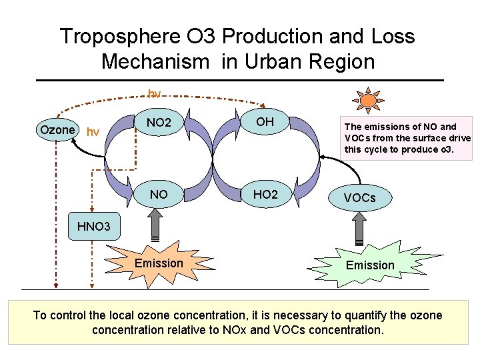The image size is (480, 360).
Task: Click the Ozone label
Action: pyautogui.click(x=57, y=129)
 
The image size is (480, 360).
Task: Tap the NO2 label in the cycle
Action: pyautogui.click(x=159, y=123)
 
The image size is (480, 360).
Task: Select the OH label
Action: pyautogui.click(x=265, y=121)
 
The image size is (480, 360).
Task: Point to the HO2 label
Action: pyautogui.click(x=265, y=195)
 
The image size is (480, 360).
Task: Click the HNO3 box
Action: pyautogui.click(x=93, y=227)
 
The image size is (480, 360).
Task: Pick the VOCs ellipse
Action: pyautogui.click(x=359, y=198)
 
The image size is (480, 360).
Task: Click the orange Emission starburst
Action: pyautogui.click(x=159, y=263)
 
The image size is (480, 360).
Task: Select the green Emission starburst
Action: pyautogui.click(x=370, y=265)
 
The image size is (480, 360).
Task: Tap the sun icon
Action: pyautogui.click(x=367, y=101)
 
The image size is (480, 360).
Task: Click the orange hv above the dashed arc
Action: pyautogui.click(x=154, y=94)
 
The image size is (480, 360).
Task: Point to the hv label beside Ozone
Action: pyautogui.click(x=93, y=132)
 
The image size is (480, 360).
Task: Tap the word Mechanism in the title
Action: pyautogui.click(x=155, y=62)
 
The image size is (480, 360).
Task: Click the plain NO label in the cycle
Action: pyautogui.click(x=159, y=195)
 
